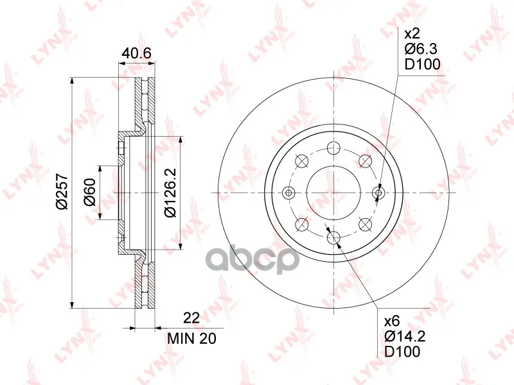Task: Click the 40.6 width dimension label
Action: coord(136,53)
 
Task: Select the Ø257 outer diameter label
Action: coord(62,192)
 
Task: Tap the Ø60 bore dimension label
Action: coord(89,192)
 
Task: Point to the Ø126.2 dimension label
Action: coord(170,192)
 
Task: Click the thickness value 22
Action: coord(191,318)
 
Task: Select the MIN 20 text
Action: coord(191,339)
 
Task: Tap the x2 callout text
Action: coord(412,34)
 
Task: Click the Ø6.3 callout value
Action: coord(421,49)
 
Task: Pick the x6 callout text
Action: coord(392,321)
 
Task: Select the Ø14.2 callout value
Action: coord(405,336)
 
